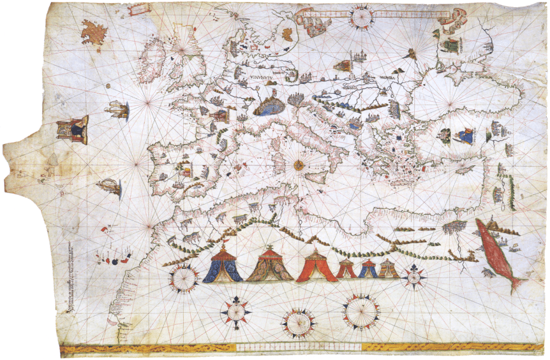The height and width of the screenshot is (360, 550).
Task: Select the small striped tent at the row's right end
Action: tap(388, 268)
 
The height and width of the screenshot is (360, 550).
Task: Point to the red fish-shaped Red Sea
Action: tap(498, 253)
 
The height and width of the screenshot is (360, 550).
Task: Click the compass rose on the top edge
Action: tap(361, 16)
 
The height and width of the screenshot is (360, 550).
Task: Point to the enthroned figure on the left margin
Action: tap(73, 130)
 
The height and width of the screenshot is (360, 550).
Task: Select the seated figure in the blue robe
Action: tap(465, 135)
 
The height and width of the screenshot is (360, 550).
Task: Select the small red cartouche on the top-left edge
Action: tap(140, 9)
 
